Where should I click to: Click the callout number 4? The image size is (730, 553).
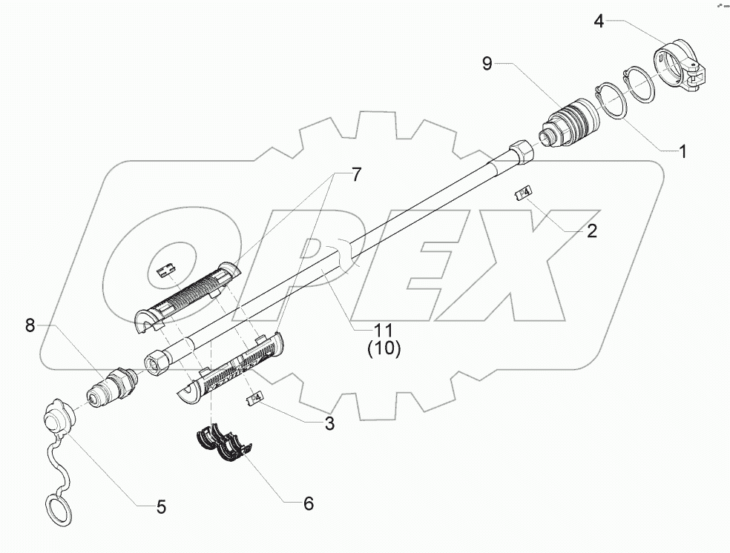click(x=599, y=21)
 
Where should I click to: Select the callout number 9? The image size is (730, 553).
click(x=487, y=64)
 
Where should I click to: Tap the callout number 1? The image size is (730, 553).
click(x=683, y=152)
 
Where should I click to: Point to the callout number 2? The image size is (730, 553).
click(x=591, y=231)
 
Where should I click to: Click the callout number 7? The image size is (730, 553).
click(x=355, y=175)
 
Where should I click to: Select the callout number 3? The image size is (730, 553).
click(x=329, y=424)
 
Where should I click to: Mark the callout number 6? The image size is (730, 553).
click(x=307, y=503)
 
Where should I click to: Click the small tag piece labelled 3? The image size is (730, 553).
click(x=254, y=400)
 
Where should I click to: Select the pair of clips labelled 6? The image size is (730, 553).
click(x=223, y=444)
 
